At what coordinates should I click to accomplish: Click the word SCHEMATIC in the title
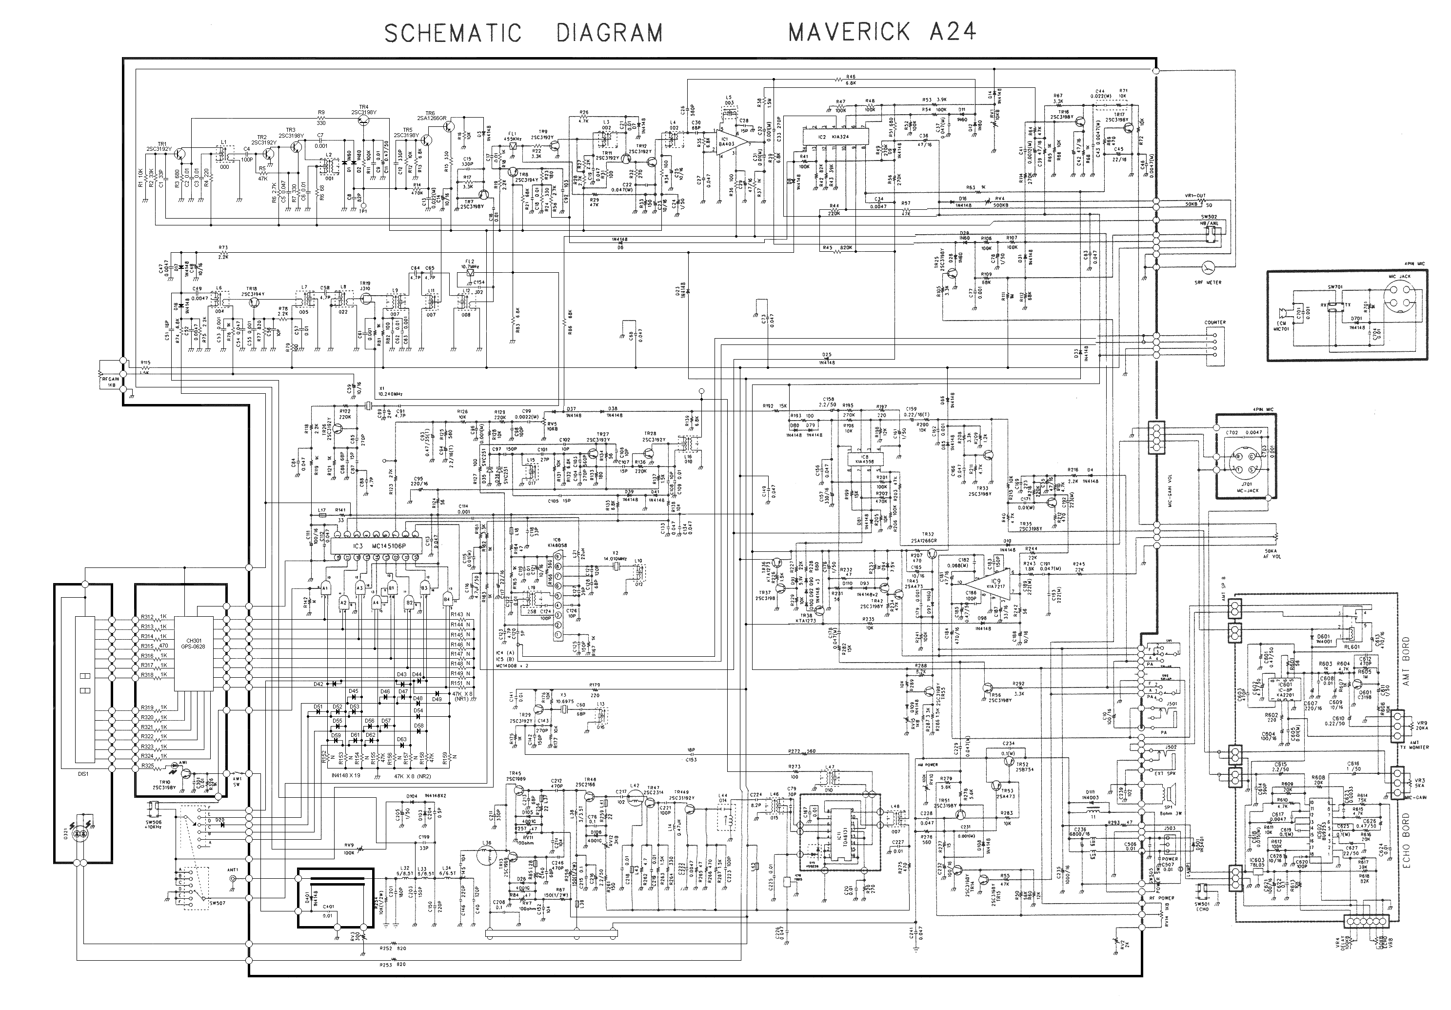(453, 33)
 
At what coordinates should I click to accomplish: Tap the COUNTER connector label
(1214, 323)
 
